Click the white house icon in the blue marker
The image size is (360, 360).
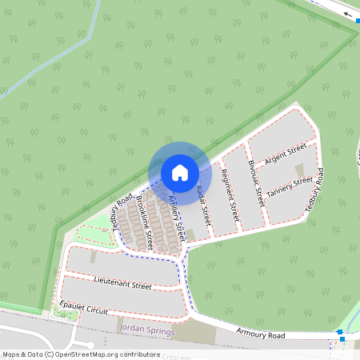[180, 172]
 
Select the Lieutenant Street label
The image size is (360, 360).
[122, 284]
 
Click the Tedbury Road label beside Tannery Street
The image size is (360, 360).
[314, 190]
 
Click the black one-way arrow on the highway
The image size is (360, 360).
[346, 14]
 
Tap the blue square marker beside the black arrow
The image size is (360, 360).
[358, 22]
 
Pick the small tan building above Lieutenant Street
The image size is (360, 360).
[94, 258]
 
